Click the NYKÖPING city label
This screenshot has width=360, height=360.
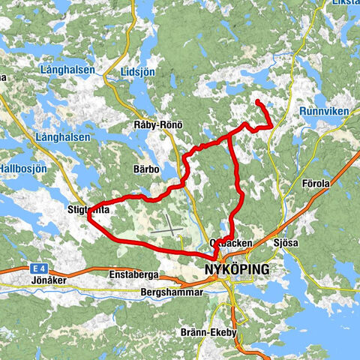tap(236, 268)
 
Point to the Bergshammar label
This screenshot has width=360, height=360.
tap(172, 292)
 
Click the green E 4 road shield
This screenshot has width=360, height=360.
tap(38, 267)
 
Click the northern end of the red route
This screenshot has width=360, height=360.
tap(257, 101)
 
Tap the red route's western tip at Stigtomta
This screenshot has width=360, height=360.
tap(89, 215)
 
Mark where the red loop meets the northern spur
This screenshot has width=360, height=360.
tap(230, 139)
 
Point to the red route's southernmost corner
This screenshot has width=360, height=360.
tap(215, 259)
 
